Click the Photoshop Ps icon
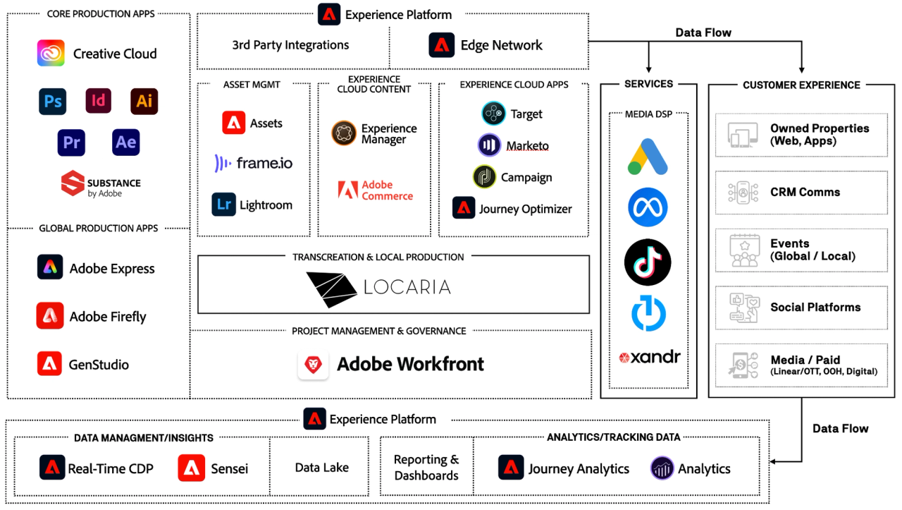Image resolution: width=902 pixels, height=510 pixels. click(x=52, y=101)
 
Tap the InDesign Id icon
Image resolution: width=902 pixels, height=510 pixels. click(x=98, y=100)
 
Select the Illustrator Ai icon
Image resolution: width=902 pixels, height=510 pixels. click(x=144, y=101)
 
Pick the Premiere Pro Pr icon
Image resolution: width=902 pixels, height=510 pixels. click(x=71, y=142)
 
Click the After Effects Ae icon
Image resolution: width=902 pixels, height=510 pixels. click(x=125, y=142)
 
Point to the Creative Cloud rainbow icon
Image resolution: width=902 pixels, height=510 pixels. click(x=51, y=53)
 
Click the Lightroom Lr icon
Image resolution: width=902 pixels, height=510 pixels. click(x=223, y=205)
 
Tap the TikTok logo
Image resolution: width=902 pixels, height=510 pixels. click(x=648, y=262)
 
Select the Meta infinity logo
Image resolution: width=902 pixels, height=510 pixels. click(x=648, y=207)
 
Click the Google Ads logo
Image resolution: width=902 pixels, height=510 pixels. click(x=648, y=157)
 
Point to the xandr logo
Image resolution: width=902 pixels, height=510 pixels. click(x=649, y=357)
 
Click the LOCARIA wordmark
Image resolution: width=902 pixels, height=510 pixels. click(x=407, y=287)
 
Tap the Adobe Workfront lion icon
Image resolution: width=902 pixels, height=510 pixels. click(x=313, y=365)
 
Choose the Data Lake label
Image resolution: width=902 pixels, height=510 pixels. click(x=322, y=467)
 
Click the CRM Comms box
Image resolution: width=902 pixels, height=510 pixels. click(x=801, y=193)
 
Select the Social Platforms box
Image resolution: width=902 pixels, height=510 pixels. click(x=801, y=308)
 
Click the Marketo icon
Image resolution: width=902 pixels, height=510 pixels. click(x=489, y=145)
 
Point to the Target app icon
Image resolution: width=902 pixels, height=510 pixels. click(x=493, y=114)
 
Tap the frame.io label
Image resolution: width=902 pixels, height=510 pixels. click(x=264, y=163)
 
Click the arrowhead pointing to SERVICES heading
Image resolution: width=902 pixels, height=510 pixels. click(x=648, y=69)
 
